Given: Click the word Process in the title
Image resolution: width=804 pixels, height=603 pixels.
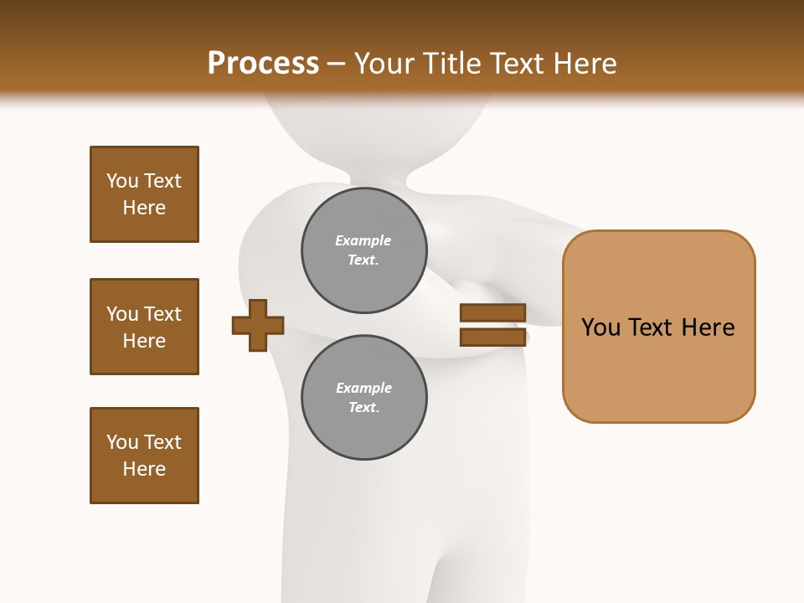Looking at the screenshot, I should (263, 64).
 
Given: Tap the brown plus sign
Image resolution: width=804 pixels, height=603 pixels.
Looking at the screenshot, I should (258, 325).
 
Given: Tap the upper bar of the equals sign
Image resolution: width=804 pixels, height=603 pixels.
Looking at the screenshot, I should (492, 313).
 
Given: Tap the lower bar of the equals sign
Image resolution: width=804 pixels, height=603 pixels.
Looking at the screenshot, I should (492, 338).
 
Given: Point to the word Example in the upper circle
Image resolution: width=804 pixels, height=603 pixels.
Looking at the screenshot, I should (363, 240).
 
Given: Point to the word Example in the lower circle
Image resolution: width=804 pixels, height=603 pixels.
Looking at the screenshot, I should (363, 388).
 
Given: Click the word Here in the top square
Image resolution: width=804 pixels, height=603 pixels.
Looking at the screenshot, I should (144, 208).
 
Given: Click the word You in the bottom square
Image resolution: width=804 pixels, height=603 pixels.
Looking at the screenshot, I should (122, 442).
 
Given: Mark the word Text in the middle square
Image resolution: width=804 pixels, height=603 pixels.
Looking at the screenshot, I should (162, 314).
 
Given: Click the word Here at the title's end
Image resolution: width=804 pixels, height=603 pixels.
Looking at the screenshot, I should (585, 64).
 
